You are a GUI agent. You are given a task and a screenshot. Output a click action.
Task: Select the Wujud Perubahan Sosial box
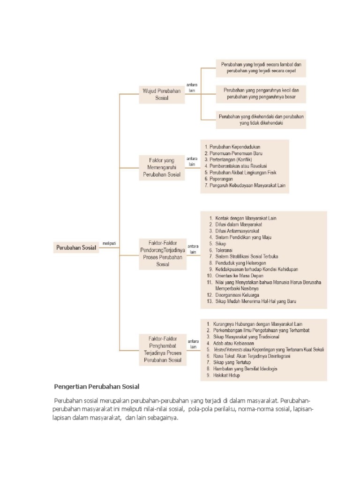pyautogui.click(x=162, y=95)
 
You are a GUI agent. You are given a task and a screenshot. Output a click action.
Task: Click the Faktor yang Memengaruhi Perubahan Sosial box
pyautogui.click(x=162, y=167)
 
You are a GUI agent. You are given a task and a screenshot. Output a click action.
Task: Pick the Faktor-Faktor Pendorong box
pyautogui.click(x=162, y=254)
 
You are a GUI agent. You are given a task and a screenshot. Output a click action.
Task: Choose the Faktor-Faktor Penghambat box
pyautogui.click(x=162, y=349)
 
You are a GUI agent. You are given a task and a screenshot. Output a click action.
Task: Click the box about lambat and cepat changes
pyautogui.click(x=261, y=68)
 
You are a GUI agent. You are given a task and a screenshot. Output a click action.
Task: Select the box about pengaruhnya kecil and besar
pyautogui.click(x=261, y=94)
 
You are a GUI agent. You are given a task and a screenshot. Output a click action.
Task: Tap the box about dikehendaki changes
pyautogui.click(x=261, y=120)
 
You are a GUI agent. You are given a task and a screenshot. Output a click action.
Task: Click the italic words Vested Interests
pyautogui.click(x=228, y=349)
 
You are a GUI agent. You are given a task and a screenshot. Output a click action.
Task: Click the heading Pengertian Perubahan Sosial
pyautogui.click(x=97, y=387)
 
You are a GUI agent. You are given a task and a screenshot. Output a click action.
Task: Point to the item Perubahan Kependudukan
pyautogui.click(x=235, y=147)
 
